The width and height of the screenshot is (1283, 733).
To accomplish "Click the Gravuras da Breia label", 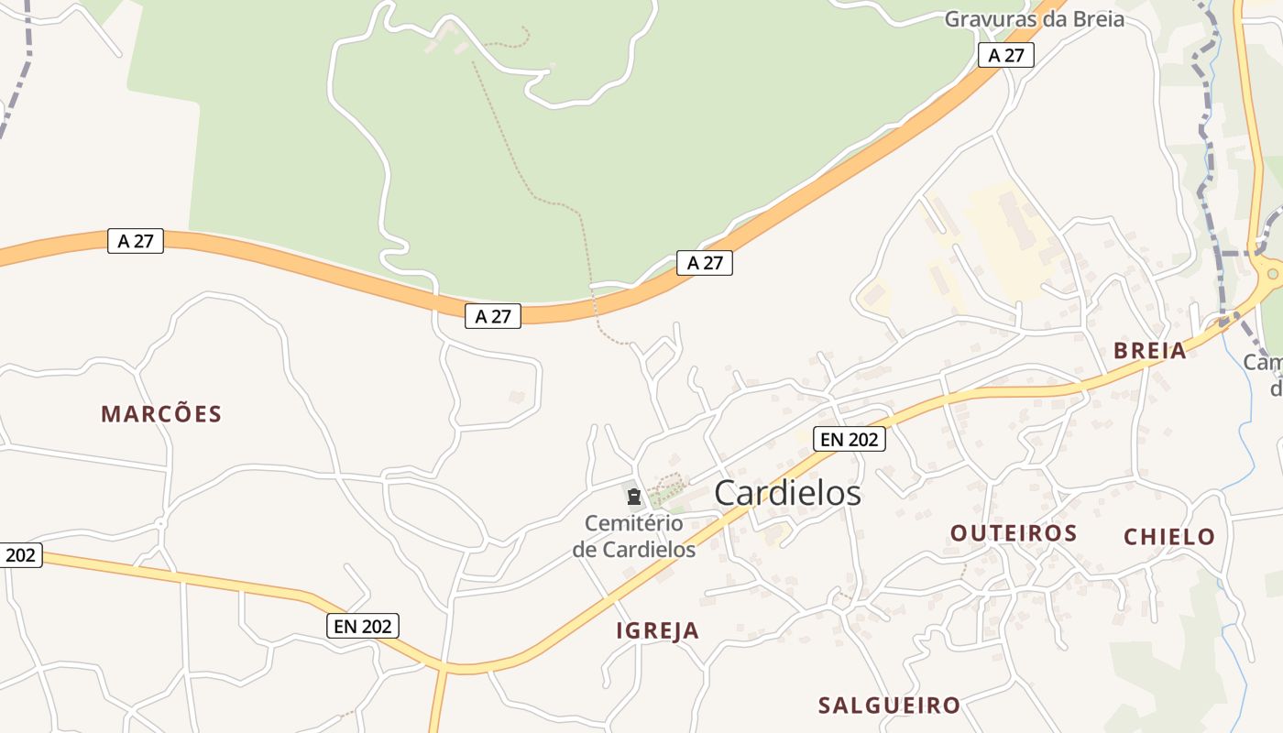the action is click(1034, 18).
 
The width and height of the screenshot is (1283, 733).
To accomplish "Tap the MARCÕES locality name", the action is click(161, 414).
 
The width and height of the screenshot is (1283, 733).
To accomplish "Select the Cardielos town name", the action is click(787, 493).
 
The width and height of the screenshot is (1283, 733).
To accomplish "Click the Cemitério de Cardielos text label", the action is click(634, 536).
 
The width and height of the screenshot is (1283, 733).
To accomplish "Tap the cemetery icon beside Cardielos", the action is click(633, 498).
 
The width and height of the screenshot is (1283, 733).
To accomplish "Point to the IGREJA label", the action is click(657, 630).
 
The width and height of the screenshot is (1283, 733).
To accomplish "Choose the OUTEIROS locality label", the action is click(1013, 533).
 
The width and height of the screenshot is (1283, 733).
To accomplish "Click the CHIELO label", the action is click(1169, 537).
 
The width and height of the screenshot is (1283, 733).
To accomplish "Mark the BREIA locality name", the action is click(1149, 350).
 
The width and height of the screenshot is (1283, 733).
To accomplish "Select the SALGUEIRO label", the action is click(889, 706).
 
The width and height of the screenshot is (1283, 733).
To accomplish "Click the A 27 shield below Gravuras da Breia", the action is click(1005, 55).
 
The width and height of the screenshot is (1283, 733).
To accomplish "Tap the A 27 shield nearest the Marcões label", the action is click(136, 241).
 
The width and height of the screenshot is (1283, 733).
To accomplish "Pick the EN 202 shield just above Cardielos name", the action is click(850, 440).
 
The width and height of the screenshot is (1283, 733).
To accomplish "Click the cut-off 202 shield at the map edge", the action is click(19, 554).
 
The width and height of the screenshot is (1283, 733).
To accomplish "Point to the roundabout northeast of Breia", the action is click(1272, 273).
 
